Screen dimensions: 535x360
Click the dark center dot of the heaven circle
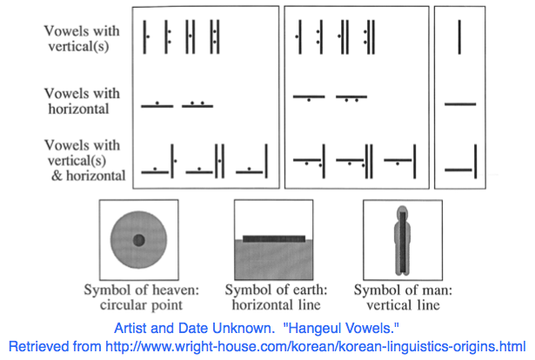138,240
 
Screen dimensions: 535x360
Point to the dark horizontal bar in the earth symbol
274,238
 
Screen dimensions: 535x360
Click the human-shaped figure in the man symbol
403,240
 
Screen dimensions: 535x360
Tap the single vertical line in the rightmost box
459,37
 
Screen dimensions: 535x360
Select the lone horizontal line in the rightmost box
460,104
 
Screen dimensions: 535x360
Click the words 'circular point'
141,304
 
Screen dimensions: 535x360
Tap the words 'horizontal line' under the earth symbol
276,304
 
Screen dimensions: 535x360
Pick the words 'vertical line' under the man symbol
404,304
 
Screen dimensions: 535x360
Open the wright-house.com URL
315,347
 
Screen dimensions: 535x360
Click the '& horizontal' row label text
89,176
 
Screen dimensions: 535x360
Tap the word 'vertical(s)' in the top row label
78,46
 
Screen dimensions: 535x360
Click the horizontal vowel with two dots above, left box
197,104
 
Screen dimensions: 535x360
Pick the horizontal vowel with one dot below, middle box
309,98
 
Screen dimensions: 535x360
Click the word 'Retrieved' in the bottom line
55,347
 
